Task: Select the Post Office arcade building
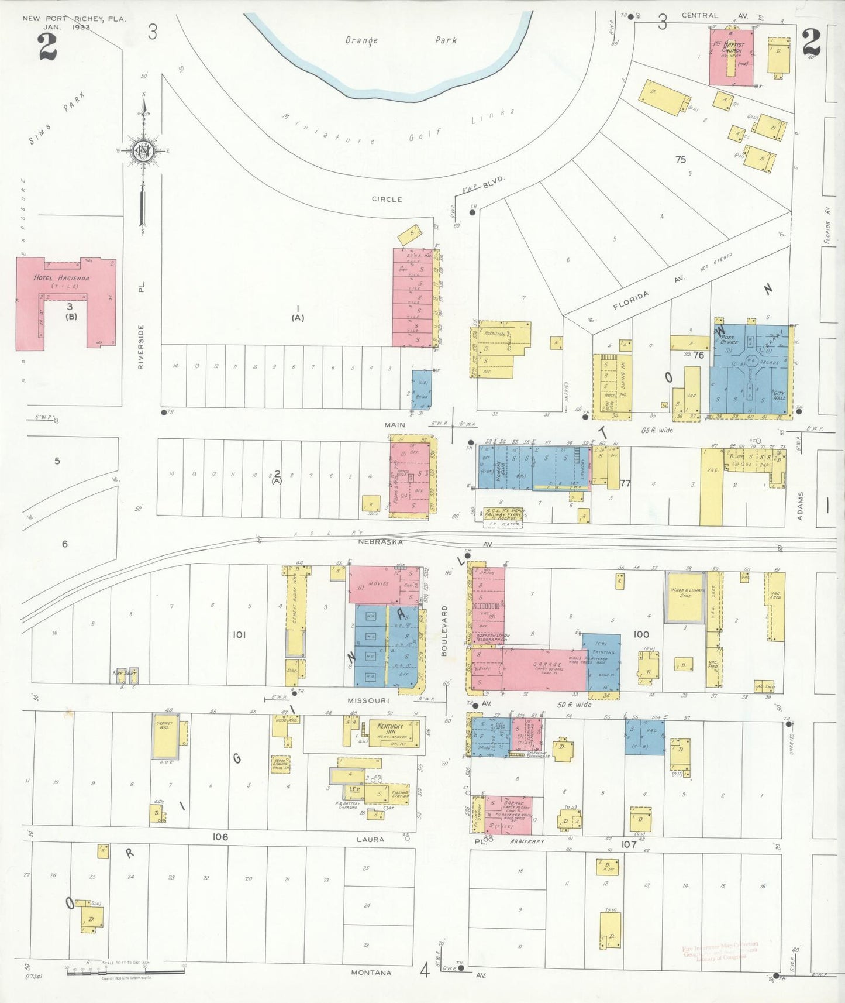(x=750, y=369)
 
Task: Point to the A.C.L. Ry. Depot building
(x=503, y=513)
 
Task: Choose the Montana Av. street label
(x=372, y=973)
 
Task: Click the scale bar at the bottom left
(x=126, y=971)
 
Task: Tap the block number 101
(x=239, y=634)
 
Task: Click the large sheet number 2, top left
(x=47, y=47)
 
